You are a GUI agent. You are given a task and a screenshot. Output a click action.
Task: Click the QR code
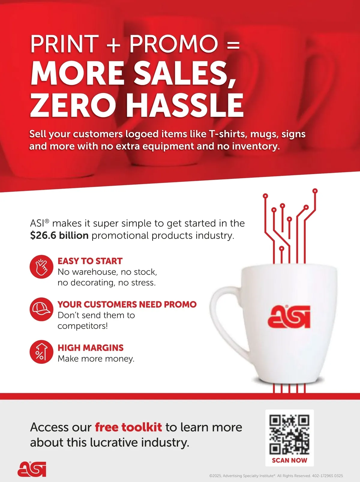[289, 435]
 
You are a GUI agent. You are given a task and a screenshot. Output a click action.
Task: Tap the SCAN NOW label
[289, 460]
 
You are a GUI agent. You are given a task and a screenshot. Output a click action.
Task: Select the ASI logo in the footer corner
[32, 469]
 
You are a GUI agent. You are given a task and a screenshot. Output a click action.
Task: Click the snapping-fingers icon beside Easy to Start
[41, 267]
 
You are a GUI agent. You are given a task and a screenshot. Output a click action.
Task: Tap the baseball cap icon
[41, 309]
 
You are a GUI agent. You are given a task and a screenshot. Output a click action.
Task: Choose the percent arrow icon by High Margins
[41, 352]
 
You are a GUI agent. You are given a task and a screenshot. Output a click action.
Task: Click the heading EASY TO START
[90, 261]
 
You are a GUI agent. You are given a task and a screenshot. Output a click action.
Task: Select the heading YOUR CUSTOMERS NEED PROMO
[127, 304]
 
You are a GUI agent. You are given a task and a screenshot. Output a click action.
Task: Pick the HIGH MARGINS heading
[90, 348]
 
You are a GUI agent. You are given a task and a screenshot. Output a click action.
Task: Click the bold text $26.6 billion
[59, 235]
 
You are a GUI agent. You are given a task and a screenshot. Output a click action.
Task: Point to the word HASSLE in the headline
[184, 105]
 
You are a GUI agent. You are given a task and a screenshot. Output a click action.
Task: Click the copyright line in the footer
[276, 476]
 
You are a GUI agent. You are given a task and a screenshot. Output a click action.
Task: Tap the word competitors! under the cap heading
[83, 326]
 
